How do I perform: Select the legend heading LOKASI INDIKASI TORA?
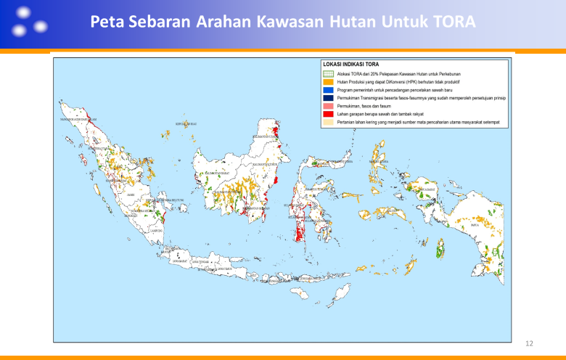click(350, 64)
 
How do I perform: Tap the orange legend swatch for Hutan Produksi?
click(328, 82)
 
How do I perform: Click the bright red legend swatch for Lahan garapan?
click(328, 114)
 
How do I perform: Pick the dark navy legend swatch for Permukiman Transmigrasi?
click(328, 98)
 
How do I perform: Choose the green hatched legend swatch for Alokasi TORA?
click(328, 74)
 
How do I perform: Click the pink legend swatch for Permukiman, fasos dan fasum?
click(328, 106)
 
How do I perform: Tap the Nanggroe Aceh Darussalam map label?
click(78, 119)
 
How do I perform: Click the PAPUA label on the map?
click(475, 225)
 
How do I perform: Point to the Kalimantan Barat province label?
click(216, 173)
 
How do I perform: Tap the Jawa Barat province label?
click(179, 261)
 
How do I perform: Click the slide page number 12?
click(529, 342)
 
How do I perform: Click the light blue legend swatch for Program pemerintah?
click(328, 90)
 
